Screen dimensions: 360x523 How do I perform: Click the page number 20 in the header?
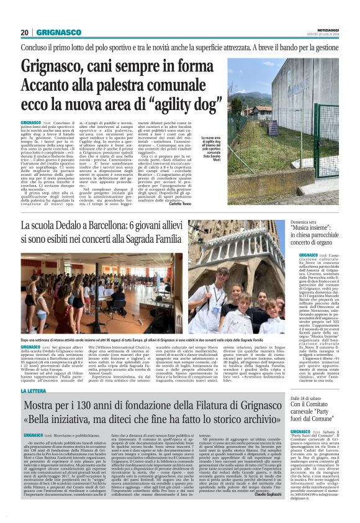coord(25,32)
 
